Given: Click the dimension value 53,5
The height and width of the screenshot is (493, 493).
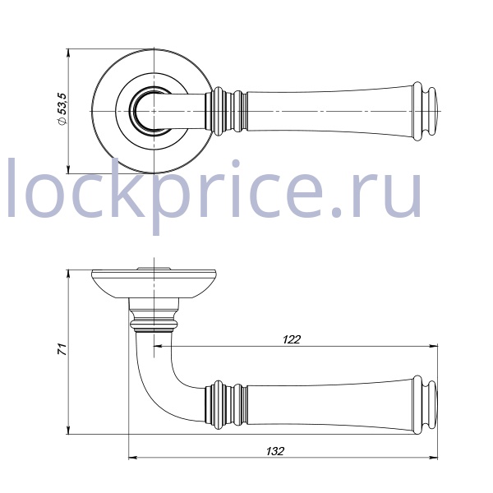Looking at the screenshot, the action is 63,104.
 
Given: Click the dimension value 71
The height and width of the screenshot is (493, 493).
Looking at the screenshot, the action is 63,349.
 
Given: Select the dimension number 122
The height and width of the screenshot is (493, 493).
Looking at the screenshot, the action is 292,339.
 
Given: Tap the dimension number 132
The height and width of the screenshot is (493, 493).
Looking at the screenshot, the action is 275,451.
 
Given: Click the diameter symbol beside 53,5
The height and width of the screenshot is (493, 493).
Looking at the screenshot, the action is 62,122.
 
